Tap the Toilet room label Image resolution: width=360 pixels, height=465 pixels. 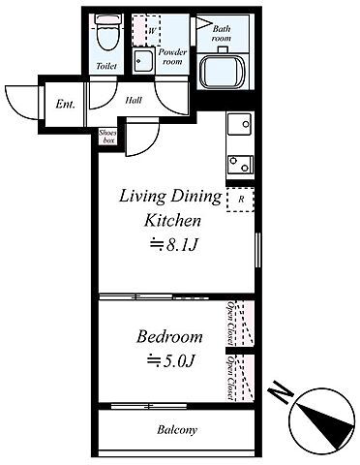pos(106,66)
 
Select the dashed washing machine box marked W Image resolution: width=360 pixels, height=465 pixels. pos(146,30)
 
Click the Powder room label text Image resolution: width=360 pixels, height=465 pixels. pos(173,56)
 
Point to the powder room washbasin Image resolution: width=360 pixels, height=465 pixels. pos(144,60)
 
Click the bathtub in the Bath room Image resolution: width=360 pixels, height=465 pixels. pos(223,72)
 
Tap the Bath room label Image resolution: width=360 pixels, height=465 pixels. pos(222,33)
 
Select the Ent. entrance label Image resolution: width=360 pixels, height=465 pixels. pos(65,104)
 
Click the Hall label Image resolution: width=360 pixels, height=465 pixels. pos(134,100)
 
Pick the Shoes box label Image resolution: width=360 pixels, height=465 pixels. pos(107,137)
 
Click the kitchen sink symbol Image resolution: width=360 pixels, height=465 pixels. pos(239,124)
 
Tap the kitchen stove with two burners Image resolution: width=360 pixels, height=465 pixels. pos(240,165)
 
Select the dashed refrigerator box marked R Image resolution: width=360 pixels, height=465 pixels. pos(240,200)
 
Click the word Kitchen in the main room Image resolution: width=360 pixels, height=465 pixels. pos(172,221)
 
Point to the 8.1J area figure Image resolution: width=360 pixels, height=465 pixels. pos(173,245)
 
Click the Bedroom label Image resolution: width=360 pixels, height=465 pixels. pos(169,337)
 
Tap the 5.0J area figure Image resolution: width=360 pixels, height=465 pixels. pos(171,360)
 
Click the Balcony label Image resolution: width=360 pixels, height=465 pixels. pos(177,430)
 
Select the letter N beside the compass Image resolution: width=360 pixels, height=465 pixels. pos(281,391)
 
